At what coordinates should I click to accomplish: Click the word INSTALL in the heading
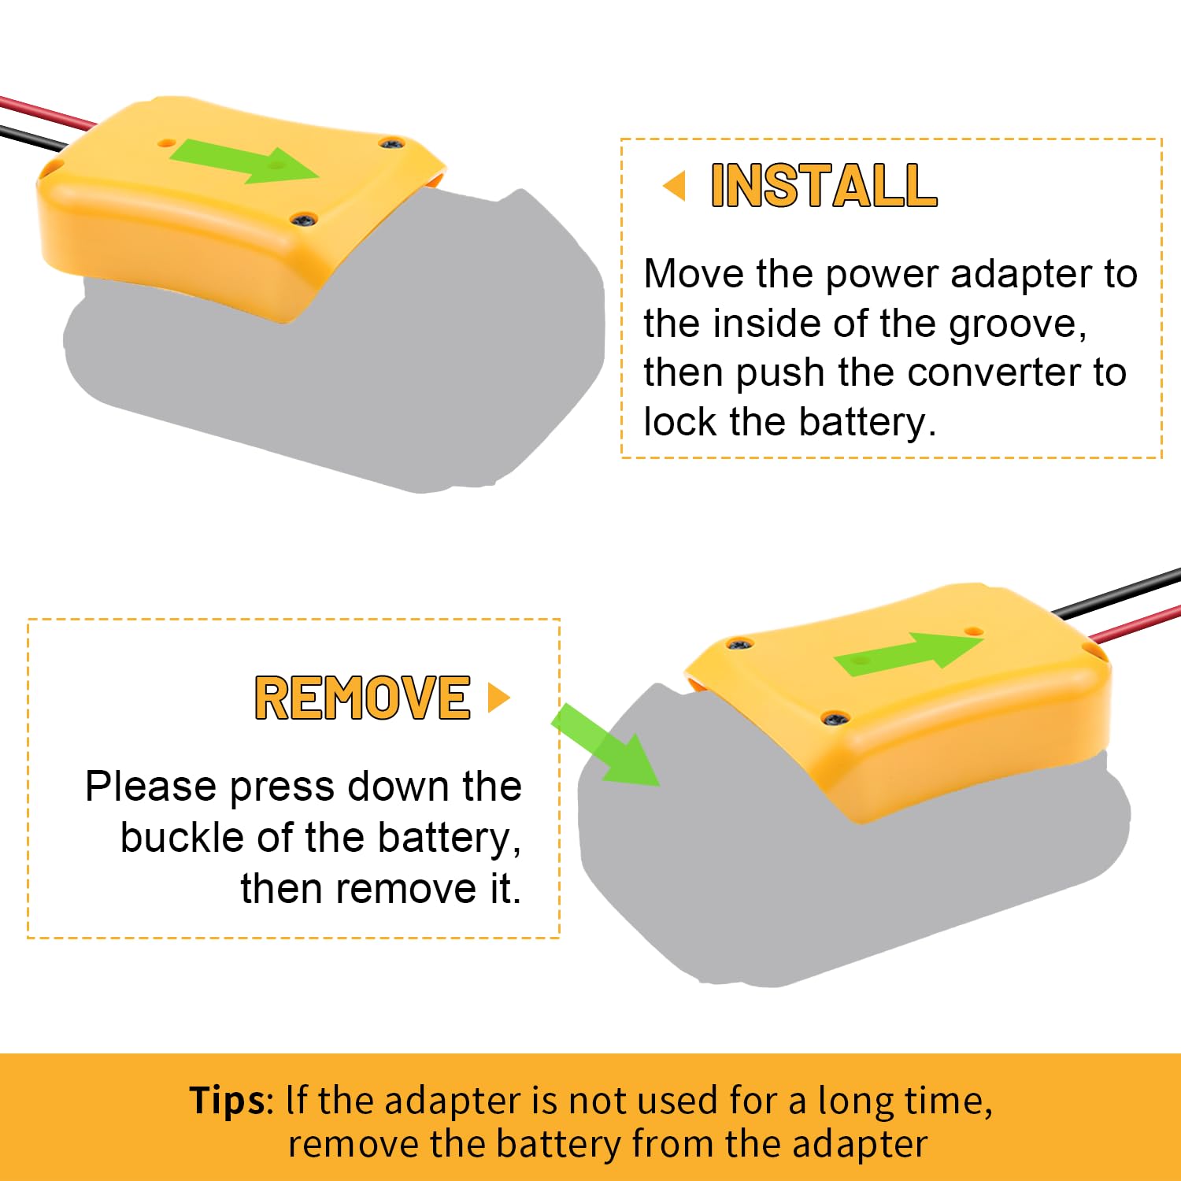824,186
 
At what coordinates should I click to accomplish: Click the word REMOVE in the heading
362,698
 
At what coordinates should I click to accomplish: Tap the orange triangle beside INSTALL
675,187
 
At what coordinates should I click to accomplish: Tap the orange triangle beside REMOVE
498,698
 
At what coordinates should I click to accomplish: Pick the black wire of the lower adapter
1118,594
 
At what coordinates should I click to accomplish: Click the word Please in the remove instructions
150,787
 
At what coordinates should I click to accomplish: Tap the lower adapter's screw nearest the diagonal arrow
739,645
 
